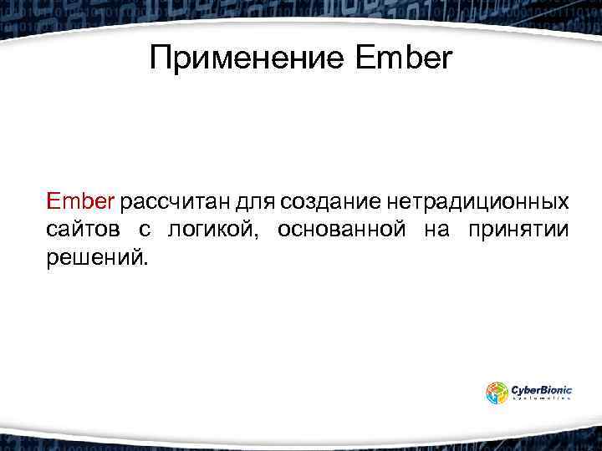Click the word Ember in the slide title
click(403, 58)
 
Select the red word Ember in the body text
click(82, 201)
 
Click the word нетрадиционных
click(479, 201)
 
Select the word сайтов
click(81, 230)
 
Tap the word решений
click(93, 257)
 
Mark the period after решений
click(145, 263)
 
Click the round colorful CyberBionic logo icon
click(497, 392)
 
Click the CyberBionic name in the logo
click(541, 388)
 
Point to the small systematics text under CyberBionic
click(541, 399)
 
